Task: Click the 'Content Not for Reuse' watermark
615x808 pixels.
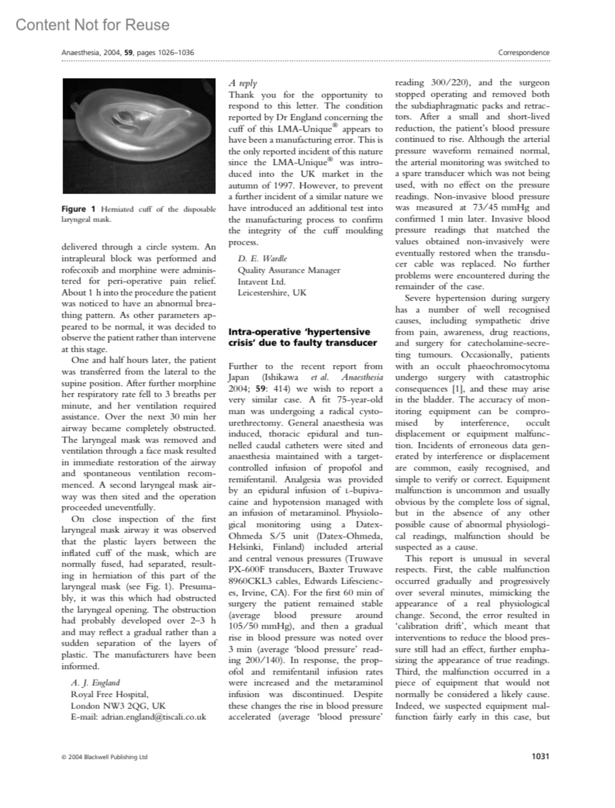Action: pyautogui.click(x=92, y=25)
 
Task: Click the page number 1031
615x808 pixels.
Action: pyautogui.click(x=540, y=756)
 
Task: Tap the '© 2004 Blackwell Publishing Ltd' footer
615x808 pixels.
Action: pyautogui.click(x=104, y=757)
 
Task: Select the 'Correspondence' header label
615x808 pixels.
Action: pyautogui.click(x=523, y=52)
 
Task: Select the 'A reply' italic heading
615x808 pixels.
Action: pyautogui.click(x=243, y=83)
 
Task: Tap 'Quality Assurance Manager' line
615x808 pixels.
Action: pyautogui.click(x=289, y=270)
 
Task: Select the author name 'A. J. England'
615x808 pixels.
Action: pyautogui.click(x=95, y=682)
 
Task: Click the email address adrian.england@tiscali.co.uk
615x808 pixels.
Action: pyautogui.click(x=153, y=717)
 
